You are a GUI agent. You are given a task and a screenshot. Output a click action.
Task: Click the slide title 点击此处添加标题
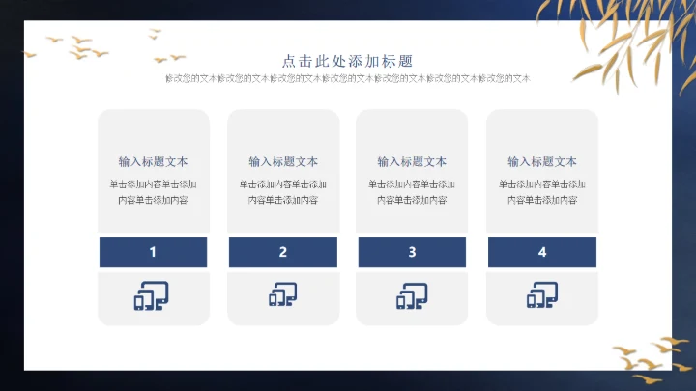tap(348, 60)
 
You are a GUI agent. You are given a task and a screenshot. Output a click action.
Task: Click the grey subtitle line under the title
tap(348, 78)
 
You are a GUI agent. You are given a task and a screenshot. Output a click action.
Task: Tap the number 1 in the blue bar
tap(153, 252)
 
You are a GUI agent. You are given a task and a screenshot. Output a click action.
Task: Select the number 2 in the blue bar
tap(283, 252)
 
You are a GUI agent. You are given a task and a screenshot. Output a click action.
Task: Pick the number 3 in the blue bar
tap(412, 252)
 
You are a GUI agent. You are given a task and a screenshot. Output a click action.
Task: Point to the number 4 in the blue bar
tap(542, 252)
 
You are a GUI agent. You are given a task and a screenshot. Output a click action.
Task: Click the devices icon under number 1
tap(151, 296)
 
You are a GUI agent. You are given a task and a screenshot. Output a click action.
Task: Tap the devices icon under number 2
tap(282, 296)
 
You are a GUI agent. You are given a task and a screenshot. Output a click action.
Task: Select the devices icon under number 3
tap(412, 296)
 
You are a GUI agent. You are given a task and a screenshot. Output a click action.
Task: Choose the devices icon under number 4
tap(541, 296)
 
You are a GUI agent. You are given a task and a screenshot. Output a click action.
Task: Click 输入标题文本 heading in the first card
tap(153, 161)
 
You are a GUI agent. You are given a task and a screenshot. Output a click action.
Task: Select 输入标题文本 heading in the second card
tap(283, 161)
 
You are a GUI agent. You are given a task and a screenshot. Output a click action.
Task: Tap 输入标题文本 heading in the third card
tap(412, 161)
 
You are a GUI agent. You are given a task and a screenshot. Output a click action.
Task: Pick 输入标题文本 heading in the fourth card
tap(542, 161)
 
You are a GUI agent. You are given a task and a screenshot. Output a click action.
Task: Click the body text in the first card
tap(153, 192)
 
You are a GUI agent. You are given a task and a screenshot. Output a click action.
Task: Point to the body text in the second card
tap(283, 192)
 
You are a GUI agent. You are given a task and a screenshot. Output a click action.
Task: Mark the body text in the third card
tap(412, 192)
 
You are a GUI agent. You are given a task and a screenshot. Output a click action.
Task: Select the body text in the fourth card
tap(542, 192)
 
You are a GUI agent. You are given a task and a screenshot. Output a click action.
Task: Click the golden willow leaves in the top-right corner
tap(628, 39)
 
